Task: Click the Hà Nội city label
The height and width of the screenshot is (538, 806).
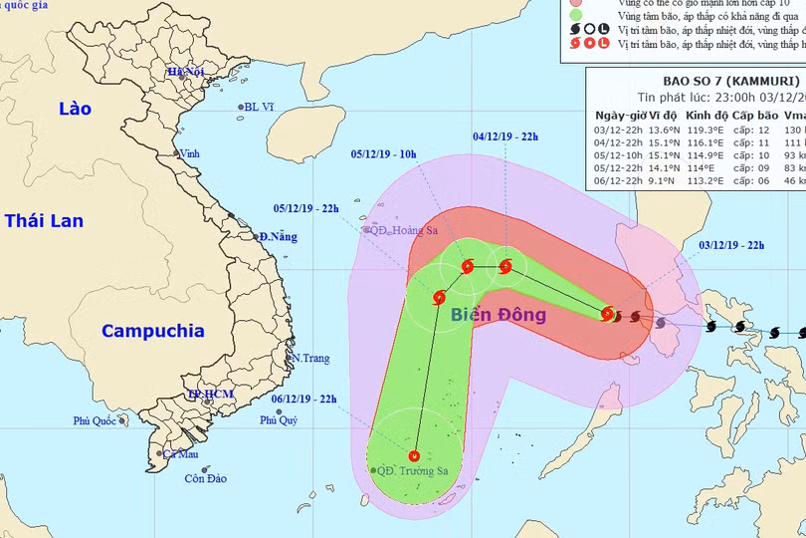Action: coord(184,72)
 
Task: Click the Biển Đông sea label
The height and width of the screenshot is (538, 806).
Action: coord(498,316)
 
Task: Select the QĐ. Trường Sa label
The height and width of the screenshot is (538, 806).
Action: coord(409,471)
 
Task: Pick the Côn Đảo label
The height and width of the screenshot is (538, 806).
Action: coord(205,478)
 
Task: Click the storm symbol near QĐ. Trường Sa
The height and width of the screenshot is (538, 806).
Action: coord(414,456)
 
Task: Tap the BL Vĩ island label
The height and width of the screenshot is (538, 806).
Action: coord(258,107)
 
